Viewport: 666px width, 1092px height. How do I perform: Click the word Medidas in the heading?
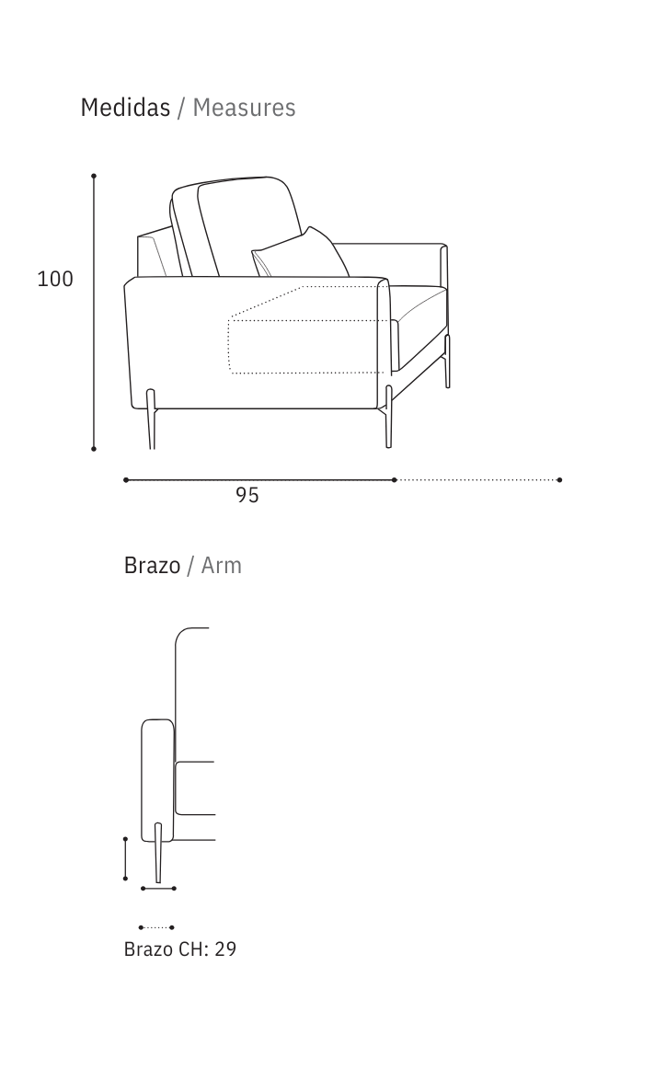125,108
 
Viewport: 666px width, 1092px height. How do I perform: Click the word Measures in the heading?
244,108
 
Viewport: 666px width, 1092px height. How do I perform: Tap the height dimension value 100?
55,279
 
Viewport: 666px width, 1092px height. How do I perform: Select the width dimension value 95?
247,495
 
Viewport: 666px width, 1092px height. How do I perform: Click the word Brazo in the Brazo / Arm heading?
152,565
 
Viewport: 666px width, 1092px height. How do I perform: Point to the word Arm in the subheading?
222,565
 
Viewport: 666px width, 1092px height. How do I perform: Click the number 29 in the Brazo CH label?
225,949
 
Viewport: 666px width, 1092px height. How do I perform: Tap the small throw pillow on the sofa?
300,254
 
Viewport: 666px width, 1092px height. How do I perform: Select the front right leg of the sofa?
389,417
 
